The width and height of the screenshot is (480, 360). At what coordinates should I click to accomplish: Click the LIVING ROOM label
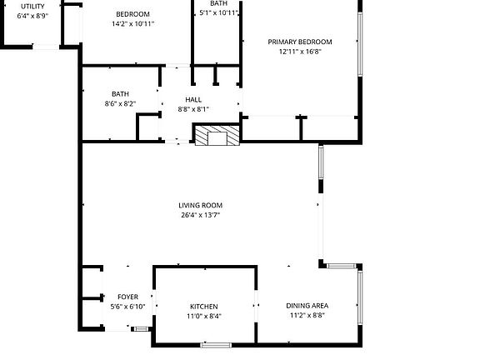pos(201,205)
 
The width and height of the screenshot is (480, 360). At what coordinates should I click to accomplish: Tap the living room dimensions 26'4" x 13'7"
pos(201,215)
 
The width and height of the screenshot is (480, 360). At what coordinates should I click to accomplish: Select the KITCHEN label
pos(203,307)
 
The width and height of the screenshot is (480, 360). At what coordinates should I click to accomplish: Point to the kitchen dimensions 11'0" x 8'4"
pos(203,317)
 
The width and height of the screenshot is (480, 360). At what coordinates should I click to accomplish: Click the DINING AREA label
pos(307,306)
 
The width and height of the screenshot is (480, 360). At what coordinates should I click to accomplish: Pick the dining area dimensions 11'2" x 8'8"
pos(307,316)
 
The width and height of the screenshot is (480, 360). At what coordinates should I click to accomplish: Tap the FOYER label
pos(127,297)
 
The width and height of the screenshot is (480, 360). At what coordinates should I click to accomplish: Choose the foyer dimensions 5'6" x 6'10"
pos(127,307)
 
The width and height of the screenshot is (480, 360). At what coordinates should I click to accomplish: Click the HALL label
pos(193,99)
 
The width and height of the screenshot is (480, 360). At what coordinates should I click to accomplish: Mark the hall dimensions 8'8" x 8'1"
pos(193,109)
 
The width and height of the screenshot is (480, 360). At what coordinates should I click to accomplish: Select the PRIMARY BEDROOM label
pos(300,42)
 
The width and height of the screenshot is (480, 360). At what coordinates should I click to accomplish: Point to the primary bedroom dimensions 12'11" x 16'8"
pos(300,52)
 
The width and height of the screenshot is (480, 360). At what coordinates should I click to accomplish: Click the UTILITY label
pos(32,6)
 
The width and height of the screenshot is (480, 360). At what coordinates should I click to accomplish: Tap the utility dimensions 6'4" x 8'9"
pos(32,15)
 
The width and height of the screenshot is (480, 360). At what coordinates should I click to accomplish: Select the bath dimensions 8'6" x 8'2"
pos(121,104)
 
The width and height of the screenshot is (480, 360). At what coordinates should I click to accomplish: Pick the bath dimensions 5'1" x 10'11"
pos(219,13)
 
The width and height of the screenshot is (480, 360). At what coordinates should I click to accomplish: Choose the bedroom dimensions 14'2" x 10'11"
pos(133,24)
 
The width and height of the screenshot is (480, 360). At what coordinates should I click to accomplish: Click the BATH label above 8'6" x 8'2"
pos(121,94)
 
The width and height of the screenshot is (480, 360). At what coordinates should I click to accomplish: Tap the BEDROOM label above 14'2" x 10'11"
pos(133,14)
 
